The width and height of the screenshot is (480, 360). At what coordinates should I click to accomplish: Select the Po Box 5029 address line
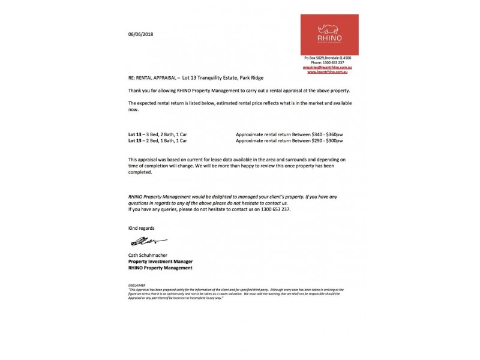coord(327,57)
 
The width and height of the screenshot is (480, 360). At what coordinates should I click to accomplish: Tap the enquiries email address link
coord(327,68)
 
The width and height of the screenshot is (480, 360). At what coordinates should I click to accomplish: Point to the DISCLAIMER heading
coord(137,286)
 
